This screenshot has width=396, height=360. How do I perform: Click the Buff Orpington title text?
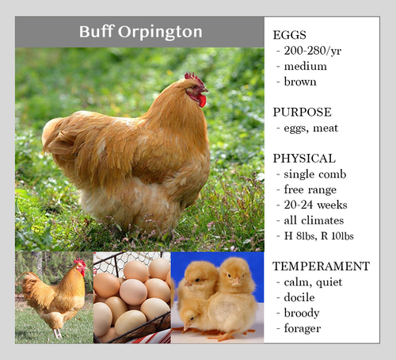point(141,33)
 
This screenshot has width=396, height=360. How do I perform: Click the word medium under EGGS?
point(305,67)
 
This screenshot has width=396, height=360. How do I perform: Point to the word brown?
point(300,82)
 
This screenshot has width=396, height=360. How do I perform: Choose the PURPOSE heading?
point(302,112)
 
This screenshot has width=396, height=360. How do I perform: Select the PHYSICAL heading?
point(304,158)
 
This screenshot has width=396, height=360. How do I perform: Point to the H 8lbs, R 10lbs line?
point(321,235)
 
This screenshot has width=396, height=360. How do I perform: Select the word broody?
point(303,312)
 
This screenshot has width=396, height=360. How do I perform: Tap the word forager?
point(304,327)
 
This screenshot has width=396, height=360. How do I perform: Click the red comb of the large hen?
point(194,79)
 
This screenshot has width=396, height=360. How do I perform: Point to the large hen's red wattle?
point(202,101)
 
